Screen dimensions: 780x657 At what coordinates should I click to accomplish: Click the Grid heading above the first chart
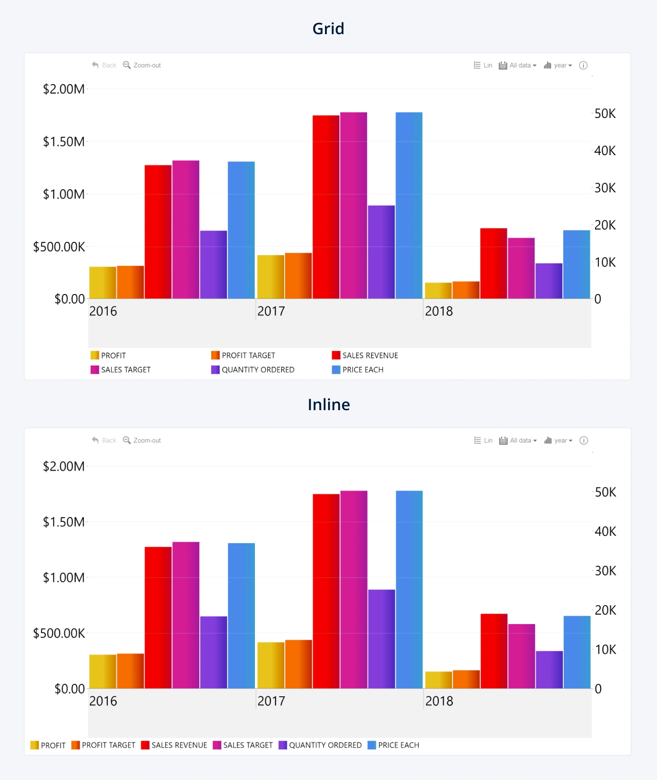pos(328,29)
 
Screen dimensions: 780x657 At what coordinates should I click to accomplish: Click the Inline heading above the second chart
pos(328,404)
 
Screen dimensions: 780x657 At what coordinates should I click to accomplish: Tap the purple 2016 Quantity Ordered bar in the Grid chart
pos(213,265)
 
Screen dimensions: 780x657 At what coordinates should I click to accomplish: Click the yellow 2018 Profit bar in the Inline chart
pos(438,680)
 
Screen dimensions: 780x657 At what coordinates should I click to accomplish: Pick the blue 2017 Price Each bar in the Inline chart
pos(409,589)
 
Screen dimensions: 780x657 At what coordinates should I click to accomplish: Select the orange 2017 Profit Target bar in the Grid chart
pos(298,276)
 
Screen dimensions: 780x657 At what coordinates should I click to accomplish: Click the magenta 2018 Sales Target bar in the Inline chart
pos(521,656)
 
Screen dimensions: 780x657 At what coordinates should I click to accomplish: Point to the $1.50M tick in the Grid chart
pos(64,142)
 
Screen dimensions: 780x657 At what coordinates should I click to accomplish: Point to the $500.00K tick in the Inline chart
pos(59,633)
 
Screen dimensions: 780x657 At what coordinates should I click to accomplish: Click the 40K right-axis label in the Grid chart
pos(605,151)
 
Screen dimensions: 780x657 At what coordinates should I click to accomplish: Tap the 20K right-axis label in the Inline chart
pos(605,610)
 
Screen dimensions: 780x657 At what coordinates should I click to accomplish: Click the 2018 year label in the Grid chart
pos(439,311)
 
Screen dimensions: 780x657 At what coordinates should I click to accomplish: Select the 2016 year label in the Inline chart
pos(103,701)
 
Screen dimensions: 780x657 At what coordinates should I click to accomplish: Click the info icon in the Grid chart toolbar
pos(583,65)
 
